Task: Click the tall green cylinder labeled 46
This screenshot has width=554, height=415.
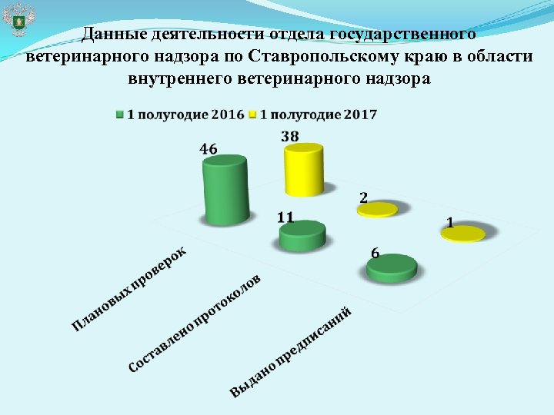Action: (225, 191)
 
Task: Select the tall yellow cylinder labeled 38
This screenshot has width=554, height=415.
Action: (303, 174)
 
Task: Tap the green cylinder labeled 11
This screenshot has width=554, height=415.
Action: (302, 236)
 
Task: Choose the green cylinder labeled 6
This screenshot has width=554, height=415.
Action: (392, 268)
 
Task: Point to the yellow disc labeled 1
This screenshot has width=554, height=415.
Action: (463, 234)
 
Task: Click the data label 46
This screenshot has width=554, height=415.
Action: (209, 149)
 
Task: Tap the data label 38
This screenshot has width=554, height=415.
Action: (290, 136)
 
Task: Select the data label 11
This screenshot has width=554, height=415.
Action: (285, 217)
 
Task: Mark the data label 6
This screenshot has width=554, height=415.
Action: (375, 253)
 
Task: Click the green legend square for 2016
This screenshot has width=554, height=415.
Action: (120, 115)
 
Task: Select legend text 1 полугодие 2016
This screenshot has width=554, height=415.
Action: (185, 115)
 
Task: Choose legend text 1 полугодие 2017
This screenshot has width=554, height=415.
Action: (319, 115)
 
